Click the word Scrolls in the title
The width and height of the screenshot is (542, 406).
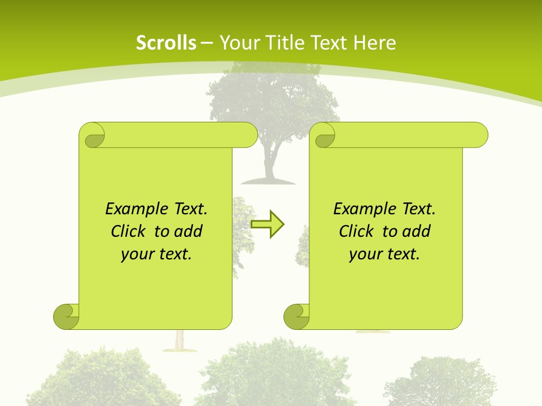[166, 43]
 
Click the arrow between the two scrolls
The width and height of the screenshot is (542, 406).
[267, 224]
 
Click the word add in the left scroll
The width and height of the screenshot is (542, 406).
[189, 232]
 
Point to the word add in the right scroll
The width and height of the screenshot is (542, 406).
[417, 232]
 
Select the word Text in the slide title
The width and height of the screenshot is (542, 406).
[330, 43]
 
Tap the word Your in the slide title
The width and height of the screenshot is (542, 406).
[238, 43]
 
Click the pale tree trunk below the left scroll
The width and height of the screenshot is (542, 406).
[180, 340]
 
